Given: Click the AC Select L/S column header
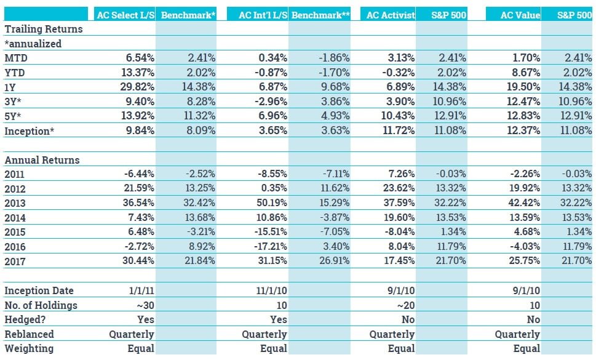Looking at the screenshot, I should (125, 15).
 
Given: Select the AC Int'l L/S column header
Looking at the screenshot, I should (263, 15).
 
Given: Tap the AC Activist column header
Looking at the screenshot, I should (391, 15).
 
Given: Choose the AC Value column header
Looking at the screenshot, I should (520, 15).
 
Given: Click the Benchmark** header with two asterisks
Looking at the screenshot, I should (320, 15).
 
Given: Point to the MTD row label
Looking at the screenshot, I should (16, 58).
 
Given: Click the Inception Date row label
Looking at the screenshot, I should (39, 290).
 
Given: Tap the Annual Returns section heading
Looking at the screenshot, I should (42, 160).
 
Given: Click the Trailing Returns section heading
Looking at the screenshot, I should (43, 29).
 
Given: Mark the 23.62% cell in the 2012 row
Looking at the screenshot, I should (400, 189).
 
